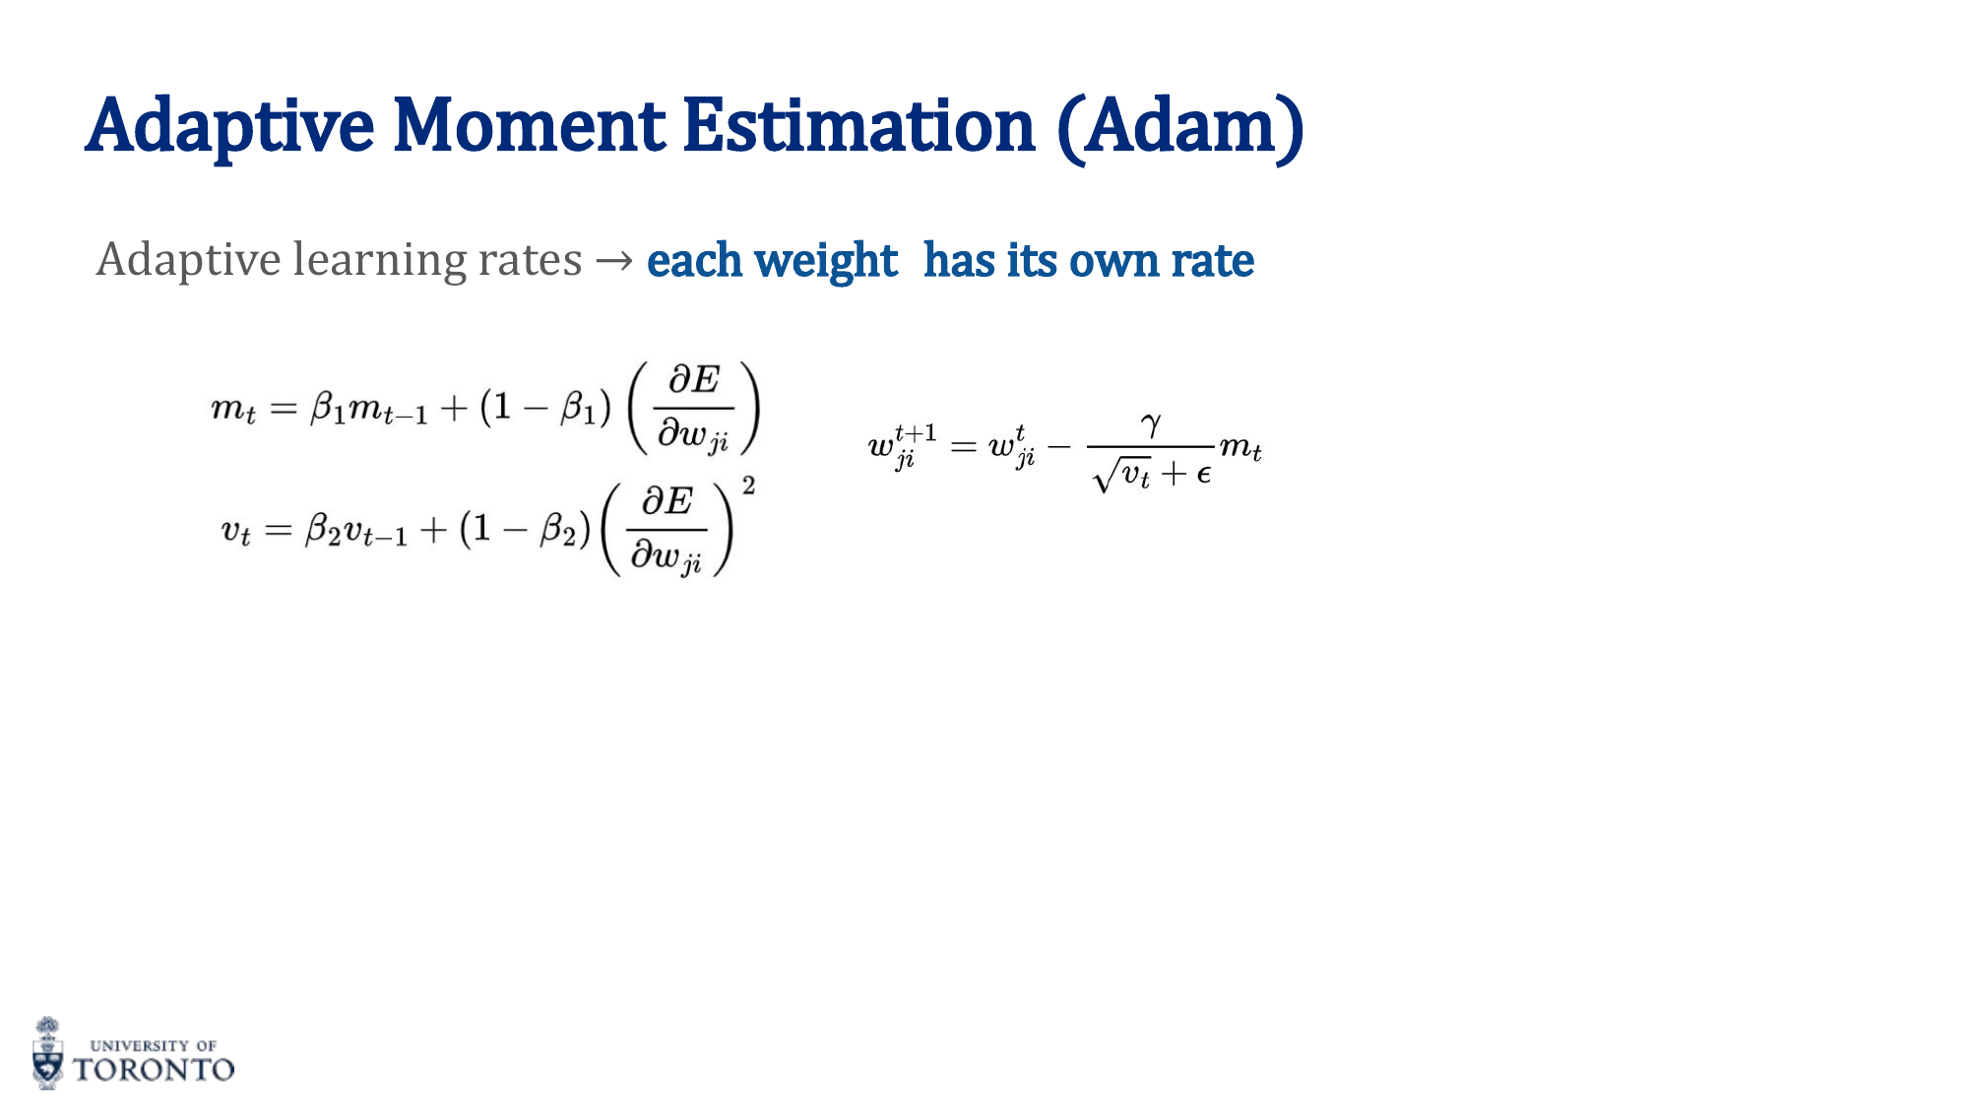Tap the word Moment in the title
(530, 127)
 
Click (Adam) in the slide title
(1181, 127)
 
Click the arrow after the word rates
(614, 261)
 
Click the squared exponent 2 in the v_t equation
(749, 485)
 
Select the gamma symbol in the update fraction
(1151, 424)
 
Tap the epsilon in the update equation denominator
(1203, 475)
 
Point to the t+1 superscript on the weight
(916, 432)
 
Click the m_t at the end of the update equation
(1240, 448)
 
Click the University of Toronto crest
(47, 1054)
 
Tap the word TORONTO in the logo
(155, 1070)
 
